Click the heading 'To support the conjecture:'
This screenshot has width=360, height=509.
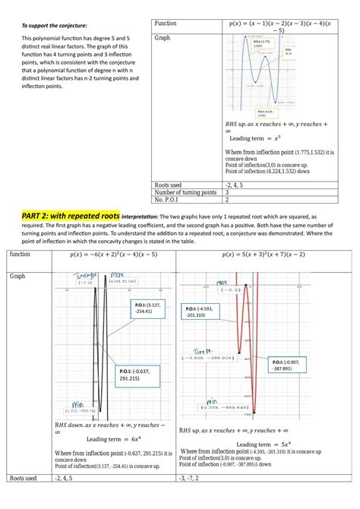(x=43, y=26)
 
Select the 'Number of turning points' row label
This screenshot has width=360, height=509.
(x=185, y=192)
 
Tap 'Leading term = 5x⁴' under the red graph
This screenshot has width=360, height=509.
(x=262, y=444)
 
